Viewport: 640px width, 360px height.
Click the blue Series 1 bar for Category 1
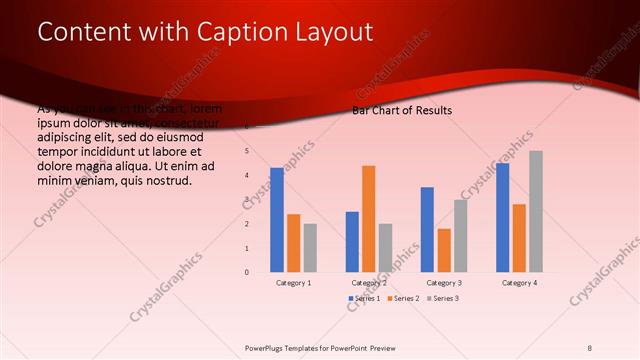(x=277, y=220)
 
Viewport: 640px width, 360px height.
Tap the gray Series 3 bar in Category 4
(x=536, y=211)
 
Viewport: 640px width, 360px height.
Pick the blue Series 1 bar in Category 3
(x=427, y=229)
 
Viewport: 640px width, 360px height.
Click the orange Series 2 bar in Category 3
(x=444, y=250)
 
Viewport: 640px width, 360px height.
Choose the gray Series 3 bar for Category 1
(x=310, y=247)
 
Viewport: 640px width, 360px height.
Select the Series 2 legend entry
(x=404, y=299)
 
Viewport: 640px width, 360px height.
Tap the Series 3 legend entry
(x=444, y=299)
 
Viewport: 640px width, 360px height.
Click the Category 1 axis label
(x=293, y=283)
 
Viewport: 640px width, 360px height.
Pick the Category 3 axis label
(x=443, y=283)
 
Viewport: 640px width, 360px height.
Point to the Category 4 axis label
(x=519, y=283)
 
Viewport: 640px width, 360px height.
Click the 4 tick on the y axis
(x=246, y=176)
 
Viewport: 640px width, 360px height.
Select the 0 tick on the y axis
(x=246, y=272)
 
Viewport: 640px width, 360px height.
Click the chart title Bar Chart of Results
(x=402, y=110)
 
